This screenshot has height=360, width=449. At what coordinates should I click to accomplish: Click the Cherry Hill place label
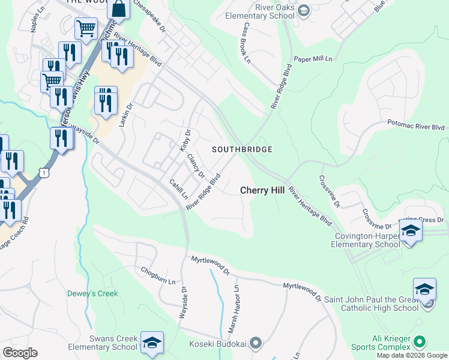tap(262, 190)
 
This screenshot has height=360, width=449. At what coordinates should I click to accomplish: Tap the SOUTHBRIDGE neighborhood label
tap(243, 149)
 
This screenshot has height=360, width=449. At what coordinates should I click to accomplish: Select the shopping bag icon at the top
tap(119, 9)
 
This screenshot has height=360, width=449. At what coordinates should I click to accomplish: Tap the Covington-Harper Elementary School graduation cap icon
tap(411, 231)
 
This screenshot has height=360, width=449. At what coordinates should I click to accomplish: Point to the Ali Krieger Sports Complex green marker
tap(419, 342)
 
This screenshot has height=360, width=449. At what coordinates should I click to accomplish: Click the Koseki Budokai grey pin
tap(256, 343)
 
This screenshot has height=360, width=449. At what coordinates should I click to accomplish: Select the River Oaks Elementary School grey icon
tap(304, 10)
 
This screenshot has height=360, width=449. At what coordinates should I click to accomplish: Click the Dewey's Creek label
tap(92, 293)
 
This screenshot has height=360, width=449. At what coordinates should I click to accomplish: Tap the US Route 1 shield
tap(43, 172)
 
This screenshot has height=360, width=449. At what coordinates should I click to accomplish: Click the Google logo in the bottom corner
tap(20, 353)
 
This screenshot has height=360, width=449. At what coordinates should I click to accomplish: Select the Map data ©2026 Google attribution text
tap(411, 355)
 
